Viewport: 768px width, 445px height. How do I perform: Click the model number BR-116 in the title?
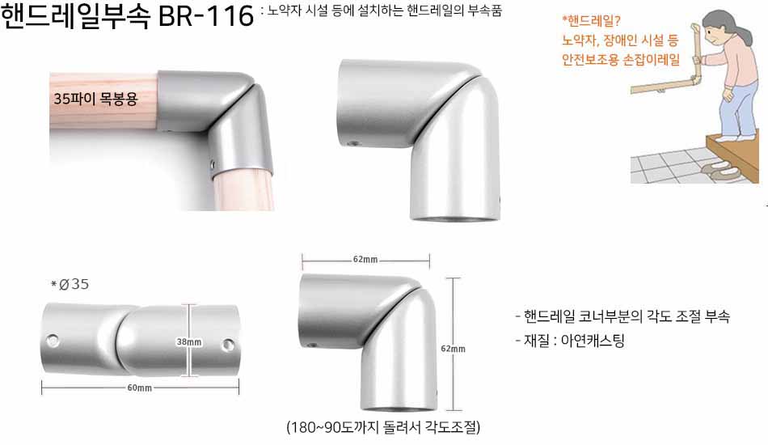tap(206, 15)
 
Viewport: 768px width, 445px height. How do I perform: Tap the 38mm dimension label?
tap(189, 341)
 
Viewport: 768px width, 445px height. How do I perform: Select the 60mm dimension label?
tap(140, 388)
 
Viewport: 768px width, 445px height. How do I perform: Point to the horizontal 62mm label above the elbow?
tap(365, 259)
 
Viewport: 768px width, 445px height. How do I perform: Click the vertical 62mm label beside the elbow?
tap(453, 349)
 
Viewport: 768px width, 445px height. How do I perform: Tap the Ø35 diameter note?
tap(70, 284)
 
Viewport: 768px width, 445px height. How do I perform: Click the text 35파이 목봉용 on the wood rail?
tap(95, 99)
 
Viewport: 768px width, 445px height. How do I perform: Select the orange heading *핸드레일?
tap(591, 21)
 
